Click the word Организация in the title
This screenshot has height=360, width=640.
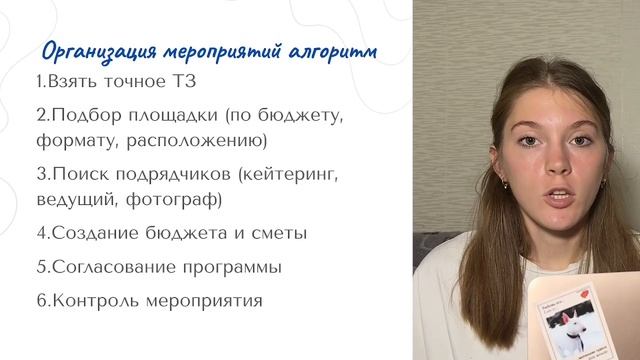(89, 52)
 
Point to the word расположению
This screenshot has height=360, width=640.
(201, 140)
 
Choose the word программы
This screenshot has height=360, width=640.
(229, 268)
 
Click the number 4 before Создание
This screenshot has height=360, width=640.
(40, 233)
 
